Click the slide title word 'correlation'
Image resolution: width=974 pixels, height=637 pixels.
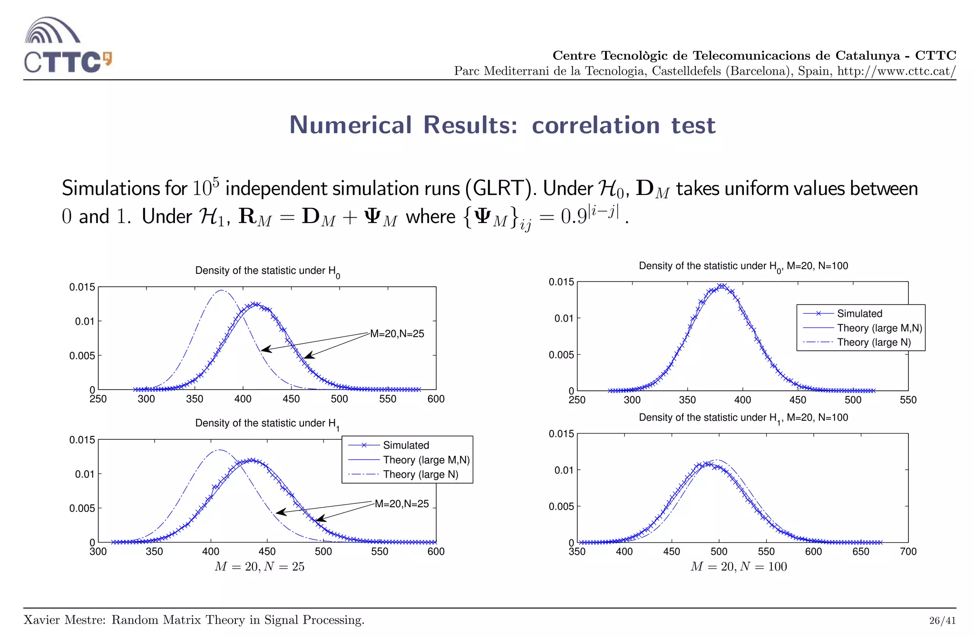pyautogui.click(x=595, y=125)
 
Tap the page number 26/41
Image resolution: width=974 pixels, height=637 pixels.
pyautogui.click(x=942, y=620)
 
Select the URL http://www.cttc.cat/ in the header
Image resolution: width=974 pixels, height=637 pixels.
pyautogui.click(x=896, y=71)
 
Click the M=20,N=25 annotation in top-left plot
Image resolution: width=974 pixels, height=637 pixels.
pyautogui.click(x=397, y=334)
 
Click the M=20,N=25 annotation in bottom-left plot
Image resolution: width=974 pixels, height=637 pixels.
pyautogui.click(x=401, y=503)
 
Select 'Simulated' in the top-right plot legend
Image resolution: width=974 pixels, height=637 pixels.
pyautogui.click(x=859, y=313)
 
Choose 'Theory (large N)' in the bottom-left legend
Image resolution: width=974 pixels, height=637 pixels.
pyautogui.click(x=420, y=474)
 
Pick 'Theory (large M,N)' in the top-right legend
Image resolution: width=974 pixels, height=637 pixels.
pyautogui.click(x=879, y=328)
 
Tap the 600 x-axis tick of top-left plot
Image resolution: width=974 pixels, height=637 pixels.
pyautogui.click(x=436, y=399)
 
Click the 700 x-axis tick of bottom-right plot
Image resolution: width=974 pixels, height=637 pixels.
pyautogui.click(x=908, y=552)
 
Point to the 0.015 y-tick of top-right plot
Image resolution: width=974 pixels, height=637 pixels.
pyautogui.click(x=561, y=282)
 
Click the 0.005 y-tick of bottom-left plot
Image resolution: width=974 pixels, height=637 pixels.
pyautogui.click(x=82, y=508)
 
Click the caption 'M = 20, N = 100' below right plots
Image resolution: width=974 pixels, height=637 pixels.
pyautogui.click(x=738, y=567)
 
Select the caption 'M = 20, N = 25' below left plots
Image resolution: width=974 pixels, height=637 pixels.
pyautogui.click(x=259, y=567)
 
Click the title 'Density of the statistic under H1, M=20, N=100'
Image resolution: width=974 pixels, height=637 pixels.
pyautogui.click(x=743, y=418)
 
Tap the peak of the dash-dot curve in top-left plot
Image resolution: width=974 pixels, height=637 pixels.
pyautogui.click(x=222, y=290)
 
